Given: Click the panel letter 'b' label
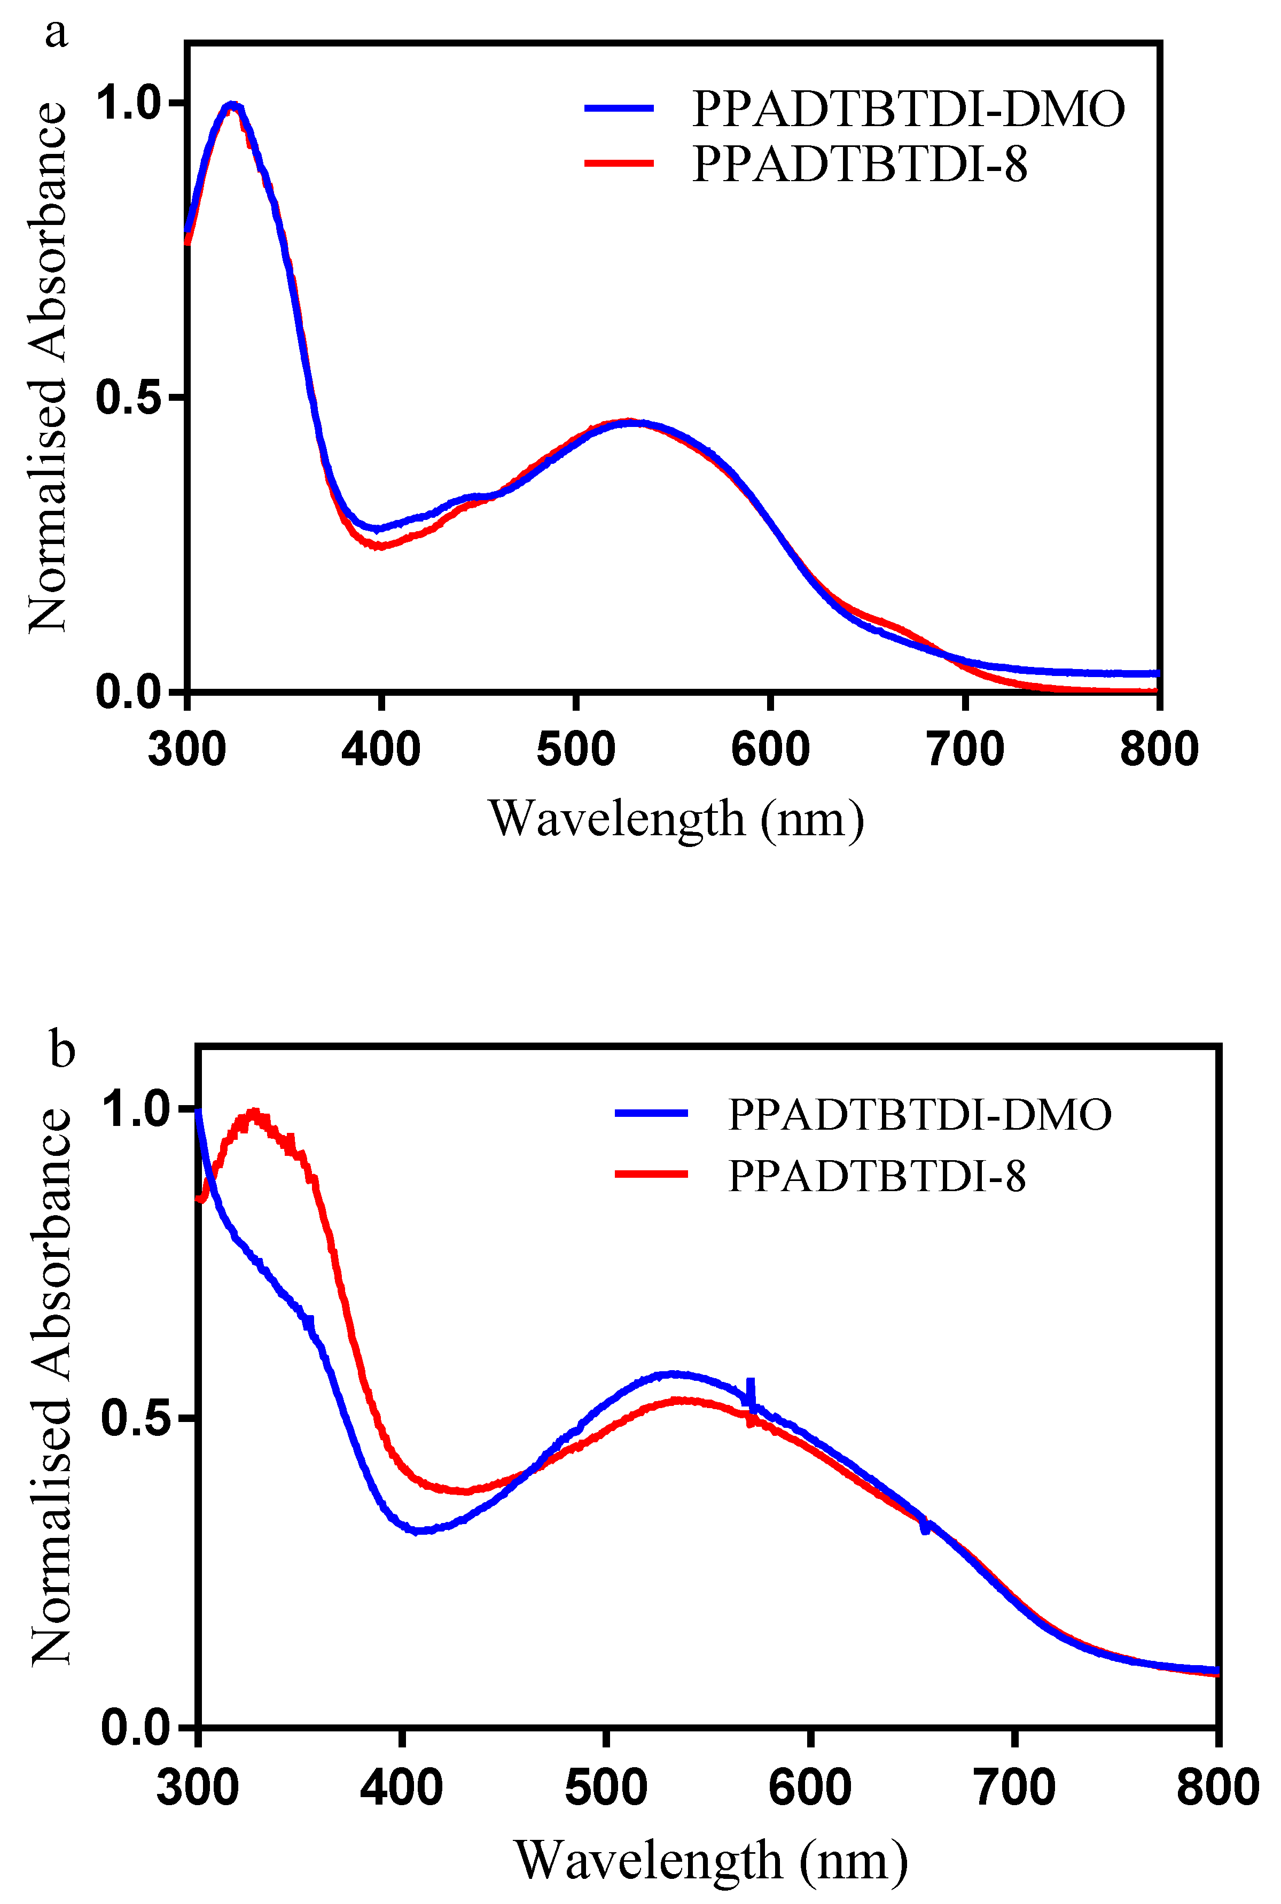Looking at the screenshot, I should [62, 1048].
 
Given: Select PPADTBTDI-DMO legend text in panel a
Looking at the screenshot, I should [908, 108].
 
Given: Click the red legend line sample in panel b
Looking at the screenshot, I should [651, 1174].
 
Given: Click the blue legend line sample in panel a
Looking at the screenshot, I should [619, 108].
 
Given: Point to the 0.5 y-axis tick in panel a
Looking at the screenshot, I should [177, 397].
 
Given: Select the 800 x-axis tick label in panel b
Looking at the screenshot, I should [1216, 1787].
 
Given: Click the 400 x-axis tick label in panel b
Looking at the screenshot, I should [401, 1787].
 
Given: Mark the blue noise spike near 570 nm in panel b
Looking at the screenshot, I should [750, 1391].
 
